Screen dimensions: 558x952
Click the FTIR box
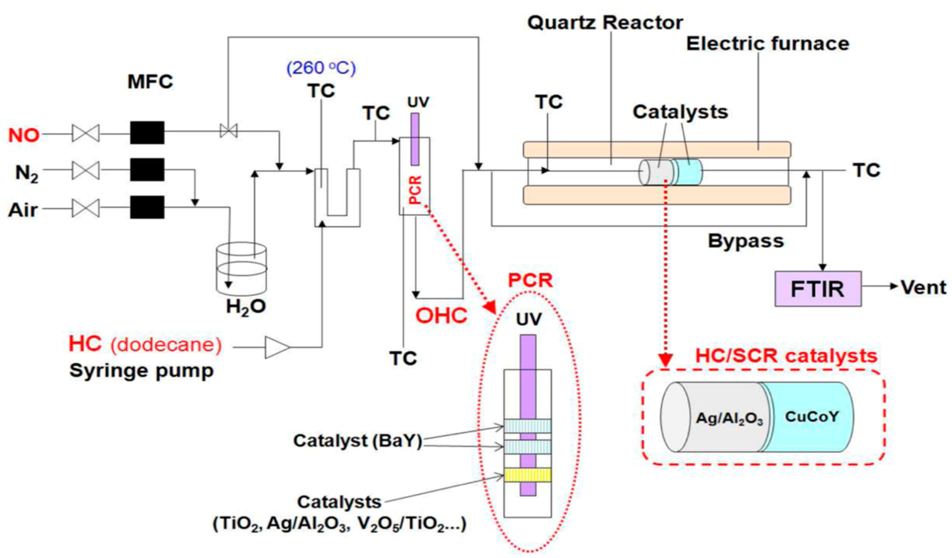(x=817, y=289)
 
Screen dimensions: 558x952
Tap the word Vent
(x=923, y=288)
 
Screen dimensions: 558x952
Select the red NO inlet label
(x=24, y=135)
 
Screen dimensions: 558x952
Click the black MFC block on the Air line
(x=147, y=207)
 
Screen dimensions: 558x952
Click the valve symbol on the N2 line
(x=86, y=170)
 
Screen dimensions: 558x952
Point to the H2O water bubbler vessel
(x=241, y=270)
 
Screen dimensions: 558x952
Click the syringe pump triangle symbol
(x=276, y=348)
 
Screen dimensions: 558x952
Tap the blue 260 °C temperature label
(x=321, y=68)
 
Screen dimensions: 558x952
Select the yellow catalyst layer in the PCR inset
(x=527, y=475)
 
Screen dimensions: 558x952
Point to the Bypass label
(x=746, y=241)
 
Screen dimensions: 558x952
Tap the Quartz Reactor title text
(x=605, y=22)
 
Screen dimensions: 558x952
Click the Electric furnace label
(x=767, y=44)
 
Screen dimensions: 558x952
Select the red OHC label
(x=441, y=315)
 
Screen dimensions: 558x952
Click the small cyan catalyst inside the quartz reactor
(x=687, y=172)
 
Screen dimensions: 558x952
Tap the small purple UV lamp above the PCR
(x=415, y=139)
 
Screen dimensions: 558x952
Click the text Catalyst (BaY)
(x=357, y=441)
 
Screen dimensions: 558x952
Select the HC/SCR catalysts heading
(x=786, y=356)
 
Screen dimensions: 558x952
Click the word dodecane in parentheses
(x=166, y=345)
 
